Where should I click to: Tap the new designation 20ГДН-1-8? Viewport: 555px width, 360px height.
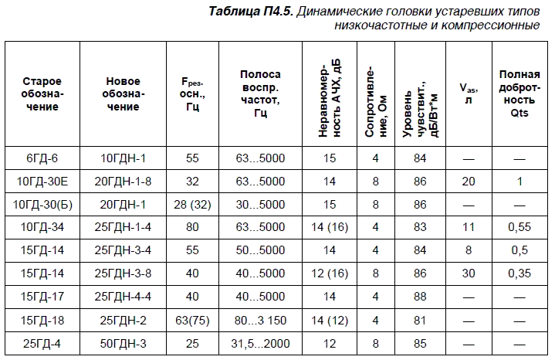pyautogui.click(x=124, y=182)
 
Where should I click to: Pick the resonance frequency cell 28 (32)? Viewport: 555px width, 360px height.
pyautogui.click(x=192, y=205)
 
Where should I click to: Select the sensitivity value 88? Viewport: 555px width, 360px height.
pyautogui.click(x=420, y=296)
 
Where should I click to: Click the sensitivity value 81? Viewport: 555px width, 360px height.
pyautogui.click(x=420, y=319)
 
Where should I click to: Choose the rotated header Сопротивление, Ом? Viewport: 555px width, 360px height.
pyautogui.click(x=376, y=93)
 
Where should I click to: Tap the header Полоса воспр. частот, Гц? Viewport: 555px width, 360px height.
pyautogui.click(x=260, y=93)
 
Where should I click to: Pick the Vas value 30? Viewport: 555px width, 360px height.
pyautogui.click(x=468, y=273)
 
